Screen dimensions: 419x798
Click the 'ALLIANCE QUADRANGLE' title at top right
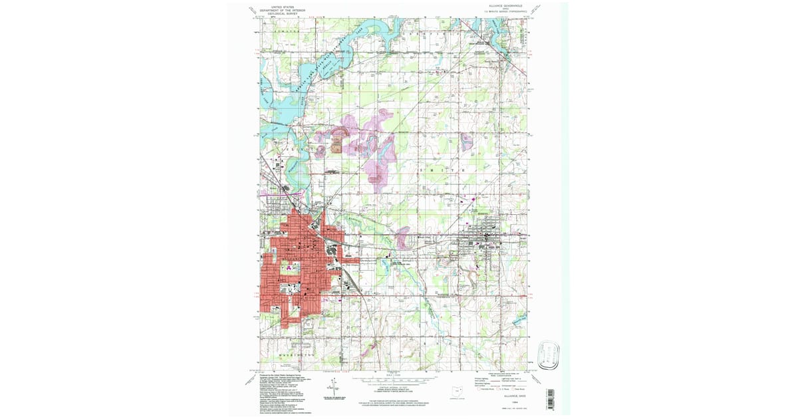tap(503, 6)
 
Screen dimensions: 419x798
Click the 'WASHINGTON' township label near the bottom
tap(296, 356)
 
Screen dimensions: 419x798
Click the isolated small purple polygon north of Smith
tap(466, 141)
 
